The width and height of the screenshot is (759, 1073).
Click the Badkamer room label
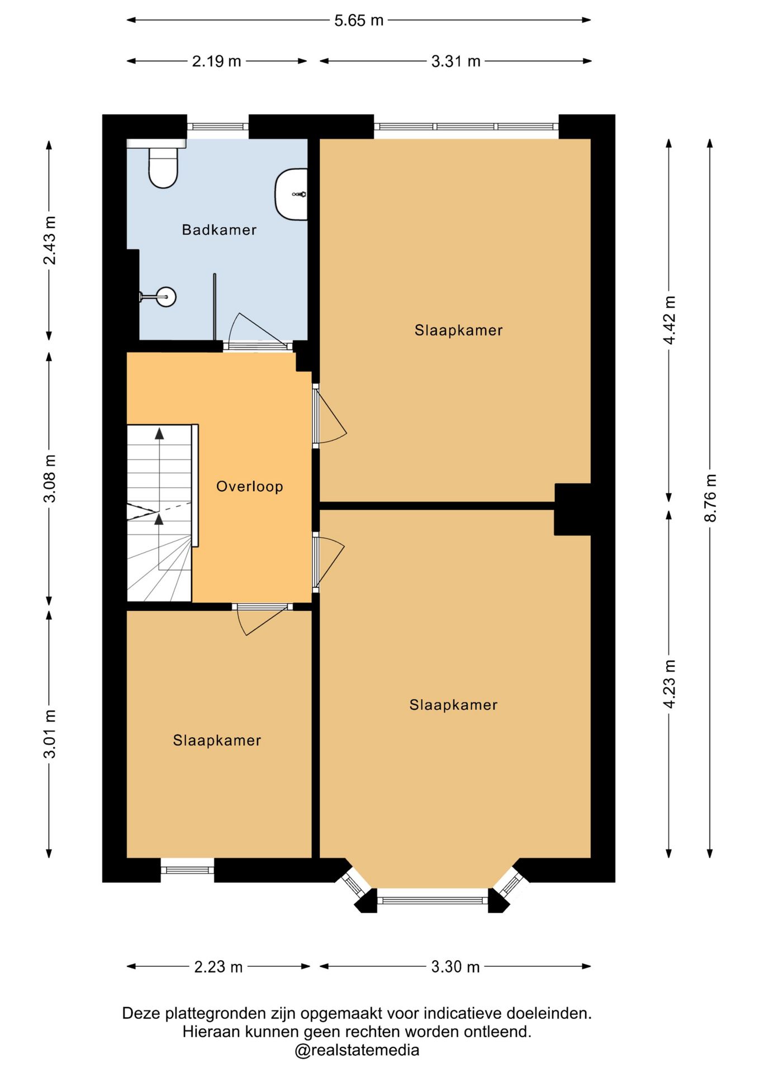219,230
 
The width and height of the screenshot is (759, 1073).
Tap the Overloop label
250,486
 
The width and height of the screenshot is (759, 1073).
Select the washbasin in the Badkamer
291,194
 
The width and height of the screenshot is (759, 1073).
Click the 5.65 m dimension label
359,20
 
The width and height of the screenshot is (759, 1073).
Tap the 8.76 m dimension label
710,498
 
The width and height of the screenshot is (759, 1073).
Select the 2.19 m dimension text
217,61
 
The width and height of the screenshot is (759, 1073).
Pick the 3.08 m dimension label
50,478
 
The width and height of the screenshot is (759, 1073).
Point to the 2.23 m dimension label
219,966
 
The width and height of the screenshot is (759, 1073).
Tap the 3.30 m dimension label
456,966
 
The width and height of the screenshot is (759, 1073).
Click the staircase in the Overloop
160,513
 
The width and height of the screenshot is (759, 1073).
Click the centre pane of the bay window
433,900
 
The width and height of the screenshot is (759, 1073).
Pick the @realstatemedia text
357,1050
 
